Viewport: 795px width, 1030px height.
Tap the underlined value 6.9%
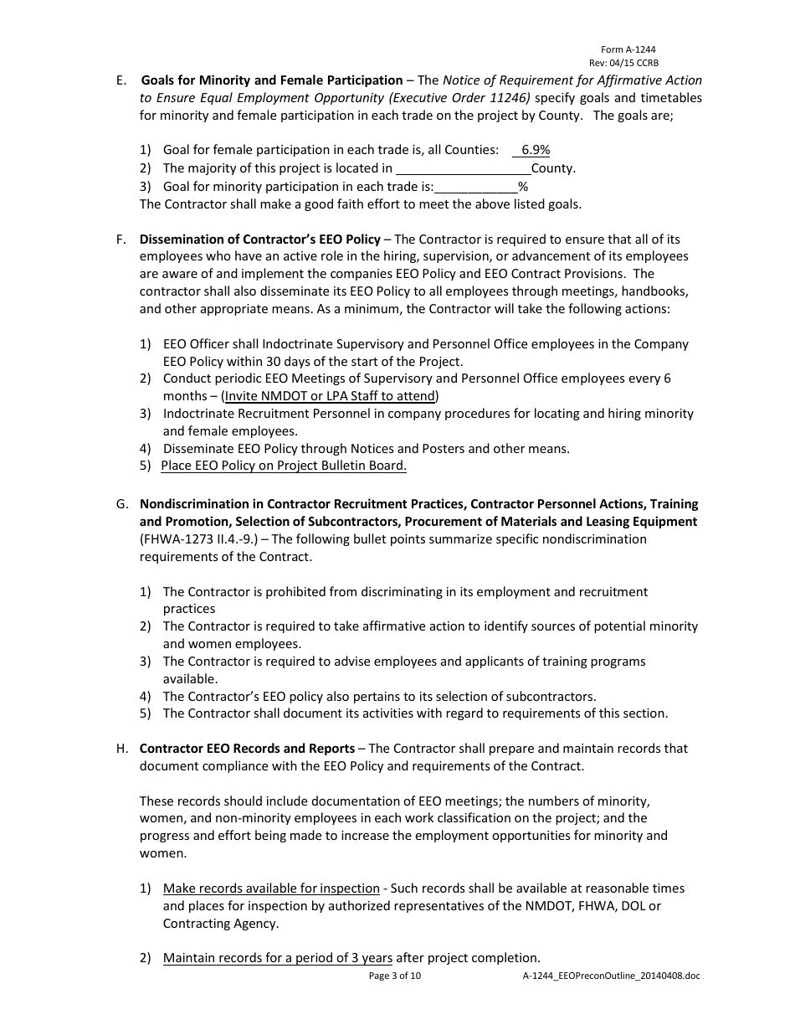pos(535,150)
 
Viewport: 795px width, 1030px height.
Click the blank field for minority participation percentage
pos(475,186)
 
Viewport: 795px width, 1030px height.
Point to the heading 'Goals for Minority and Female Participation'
pos(271,80)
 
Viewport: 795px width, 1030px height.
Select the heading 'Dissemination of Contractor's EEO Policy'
pos(259,239)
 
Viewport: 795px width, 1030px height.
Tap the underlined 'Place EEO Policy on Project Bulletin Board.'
pos(284,466)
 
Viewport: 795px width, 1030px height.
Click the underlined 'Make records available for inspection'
pos(271,888)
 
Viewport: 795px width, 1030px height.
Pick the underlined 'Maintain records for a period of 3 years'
pos(277,958)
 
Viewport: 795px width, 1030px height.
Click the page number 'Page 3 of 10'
pos(395,976)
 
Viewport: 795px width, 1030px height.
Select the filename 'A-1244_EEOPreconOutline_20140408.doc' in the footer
pos(611,976)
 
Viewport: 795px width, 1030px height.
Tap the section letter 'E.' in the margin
pos(121,80)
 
